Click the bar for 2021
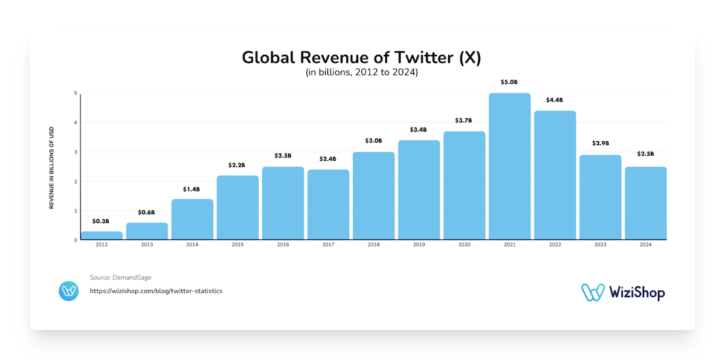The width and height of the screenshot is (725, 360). pyautogui.click(x=509, y=167)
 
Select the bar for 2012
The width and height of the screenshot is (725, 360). pyautogui.click(x=101, y=236)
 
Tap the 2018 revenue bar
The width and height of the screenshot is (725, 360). pyautogui.click(x=373, y=196)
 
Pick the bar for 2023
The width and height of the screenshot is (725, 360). pyautogui.click(x=600, y=198)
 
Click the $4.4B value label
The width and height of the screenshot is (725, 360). pyautogui.click(x=555, y=100)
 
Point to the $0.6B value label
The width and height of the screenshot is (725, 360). pyautogui.click(x=147, y=212)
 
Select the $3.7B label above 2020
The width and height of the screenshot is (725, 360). pyautogui.click(x=464, y=120)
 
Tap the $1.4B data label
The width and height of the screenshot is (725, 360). pyautogui.click(x=192, y=189)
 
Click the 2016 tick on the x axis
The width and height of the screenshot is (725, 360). pyautogui.click(x=283, y=245)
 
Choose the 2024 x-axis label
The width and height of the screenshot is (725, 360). pyautogui.click(x=645, y=245)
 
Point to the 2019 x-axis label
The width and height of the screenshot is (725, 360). pyautogui.click(x=419, y=245)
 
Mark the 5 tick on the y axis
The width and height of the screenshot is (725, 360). pyautogui.click(x=76, y=94)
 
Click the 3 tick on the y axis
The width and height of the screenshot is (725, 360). pyautogui.click(x=76, y=152)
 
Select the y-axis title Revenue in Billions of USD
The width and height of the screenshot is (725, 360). pyautogui.click(x=52, y=168)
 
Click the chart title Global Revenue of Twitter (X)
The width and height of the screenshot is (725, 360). pyautogui.click(x=362, y=57)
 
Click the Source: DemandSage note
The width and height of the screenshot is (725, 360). pyautogui.click(x=121, y=277)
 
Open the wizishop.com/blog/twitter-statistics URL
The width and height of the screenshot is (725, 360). pyautogui.click(x=156, y=291)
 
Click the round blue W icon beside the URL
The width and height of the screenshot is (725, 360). pyautogui.click(x=69, y=291)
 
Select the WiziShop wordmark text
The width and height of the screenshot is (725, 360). pyautogui.click(x=636, y=293)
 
